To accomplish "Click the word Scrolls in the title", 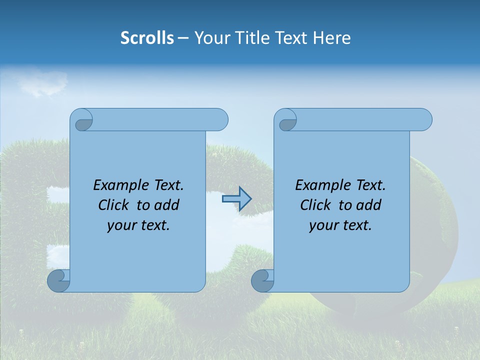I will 147,38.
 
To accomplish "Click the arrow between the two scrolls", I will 236,199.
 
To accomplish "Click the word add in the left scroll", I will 167,205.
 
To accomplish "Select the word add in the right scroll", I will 369,205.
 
